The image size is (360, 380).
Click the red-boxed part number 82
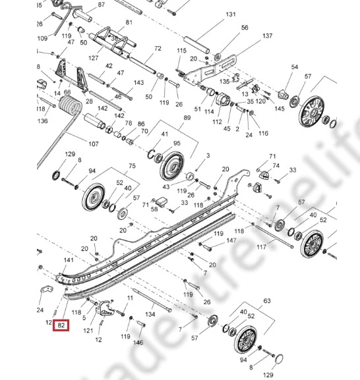click(62, 325)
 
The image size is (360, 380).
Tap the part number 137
click(267, 36)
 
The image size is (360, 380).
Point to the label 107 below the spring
click(92, 144)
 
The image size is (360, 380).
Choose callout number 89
click(187, 117)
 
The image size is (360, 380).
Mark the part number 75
click(132, 166)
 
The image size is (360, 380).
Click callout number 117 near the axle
click(262, 247)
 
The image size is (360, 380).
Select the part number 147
click(231, 241)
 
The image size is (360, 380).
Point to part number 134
click(150, 315)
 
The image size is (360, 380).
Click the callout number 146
click(138, 342)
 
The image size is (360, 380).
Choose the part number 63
click(267, 301)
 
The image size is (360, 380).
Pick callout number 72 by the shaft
click(158, 49)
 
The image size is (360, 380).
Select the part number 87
click(101, 5)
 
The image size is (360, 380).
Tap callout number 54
click(295, 67)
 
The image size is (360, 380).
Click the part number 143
click(138, 83)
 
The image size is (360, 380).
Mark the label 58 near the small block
click(154, 209)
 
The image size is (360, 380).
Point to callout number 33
click(293, 170)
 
